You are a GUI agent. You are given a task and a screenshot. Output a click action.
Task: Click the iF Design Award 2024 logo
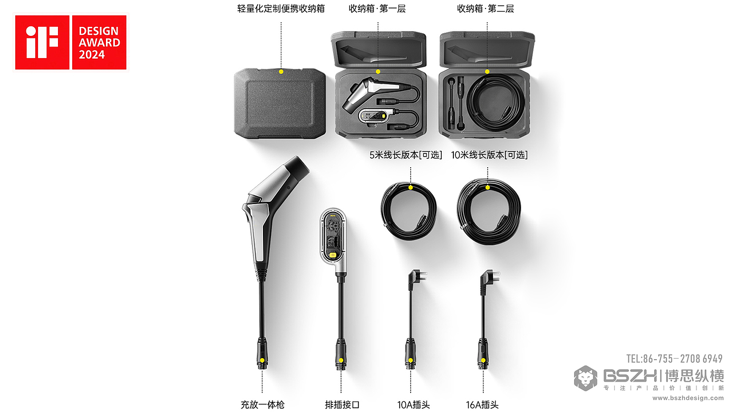(71, 43)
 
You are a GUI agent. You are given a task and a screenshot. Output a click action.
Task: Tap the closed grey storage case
(280, 103)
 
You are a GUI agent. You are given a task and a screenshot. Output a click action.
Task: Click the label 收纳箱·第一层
(377, 9)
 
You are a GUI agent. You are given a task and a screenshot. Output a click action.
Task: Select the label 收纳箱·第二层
(485, 9)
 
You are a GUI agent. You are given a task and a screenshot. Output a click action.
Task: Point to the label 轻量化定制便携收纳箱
(280, 9)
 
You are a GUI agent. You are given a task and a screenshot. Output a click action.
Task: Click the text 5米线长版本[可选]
(405, 155)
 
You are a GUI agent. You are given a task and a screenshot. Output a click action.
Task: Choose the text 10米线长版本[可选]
(489, 155)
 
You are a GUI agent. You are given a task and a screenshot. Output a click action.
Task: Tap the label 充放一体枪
(263, 404)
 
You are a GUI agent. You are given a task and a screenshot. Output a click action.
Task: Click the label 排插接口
(342, 404)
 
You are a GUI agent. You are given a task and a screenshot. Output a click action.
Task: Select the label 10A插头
(413, 404)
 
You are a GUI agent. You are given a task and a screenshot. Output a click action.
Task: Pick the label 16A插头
(482, 404)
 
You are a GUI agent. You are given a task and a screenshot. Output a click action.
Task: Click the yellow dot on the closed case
(281, 72)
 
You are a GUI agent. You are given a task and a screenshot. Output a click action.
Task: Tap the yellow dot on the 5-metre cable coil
(411, 188)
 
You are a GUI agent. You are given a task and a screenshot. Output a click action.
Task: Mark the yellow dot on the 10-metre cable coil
(488, 188)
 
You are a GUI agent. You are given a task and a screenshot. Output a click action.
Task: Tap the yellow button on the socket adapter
(333, 255)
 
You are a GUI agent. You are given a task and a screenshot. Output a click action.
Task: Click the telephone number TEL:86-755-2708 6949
(674, 359)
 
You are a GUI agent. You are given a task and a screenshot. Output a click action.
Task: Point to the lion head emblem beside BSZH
(586, 378)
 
